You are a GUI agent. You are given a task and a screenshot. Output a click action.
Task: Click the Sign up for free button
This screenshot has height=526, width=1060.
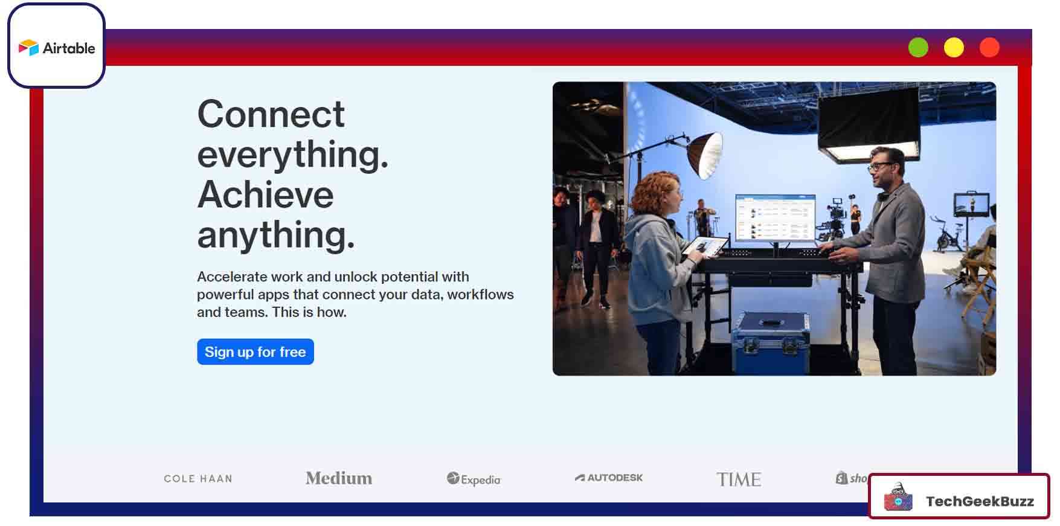(x=255, y=351)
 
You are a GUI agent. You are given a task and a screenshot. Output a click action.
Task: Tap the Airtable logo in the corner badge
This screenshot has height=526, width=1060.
(x=57, y=48)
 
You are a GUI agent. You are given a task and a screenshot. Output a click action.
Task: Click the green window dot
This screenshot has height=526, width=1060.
(x=918, y=47)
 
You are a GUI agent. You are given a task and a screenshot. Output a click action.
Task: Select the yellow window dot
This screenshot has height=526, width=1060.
(x=954, y=47)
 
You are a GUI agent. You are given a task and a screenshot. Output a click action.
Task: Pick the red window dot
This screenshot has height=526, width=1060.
(x=989, y=47)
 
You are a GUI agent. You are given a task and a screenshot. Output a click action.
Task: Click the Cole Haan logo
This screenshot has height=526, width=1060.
(x=198, y=478)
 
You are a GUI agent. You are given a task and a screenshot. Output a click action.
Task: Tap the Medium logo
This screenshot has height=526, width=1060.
(x=339, y=478)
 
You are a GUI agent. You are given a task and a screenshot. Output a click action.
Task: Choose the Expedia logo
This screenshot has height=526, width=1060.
(x=474, y=479)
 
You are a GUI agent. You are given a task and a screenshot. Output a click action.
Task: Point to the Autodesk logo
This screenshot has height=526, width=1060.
(x=609, y=477)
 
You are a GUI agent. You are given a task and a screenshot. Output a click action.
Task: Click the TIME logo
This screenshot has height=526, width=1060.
(x=739, y=479)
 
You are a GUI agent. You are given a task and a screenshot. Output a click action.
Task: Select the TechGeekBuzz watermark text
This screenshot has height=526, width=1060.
(x=980, y=501)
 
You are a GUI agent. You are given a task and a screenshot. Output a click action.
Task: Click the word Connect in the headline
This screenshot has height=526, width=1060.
(x=271, y=114)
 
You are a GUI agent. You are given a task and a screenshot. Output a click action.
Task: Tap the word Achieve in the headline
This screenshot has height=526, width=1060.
(x=266, y=194)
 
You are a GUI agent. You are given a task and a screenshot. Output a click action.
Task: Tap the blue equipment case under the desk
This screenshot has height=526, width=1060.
(x=771, y=342)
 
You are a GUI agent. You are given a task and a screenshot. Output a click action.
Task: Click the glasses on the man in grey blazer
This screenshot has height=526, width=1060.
(x=878, y=165)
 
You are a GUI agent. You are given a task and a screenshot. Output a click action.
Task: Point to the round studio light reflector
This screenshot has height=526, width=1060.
(x=706, y=155)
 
